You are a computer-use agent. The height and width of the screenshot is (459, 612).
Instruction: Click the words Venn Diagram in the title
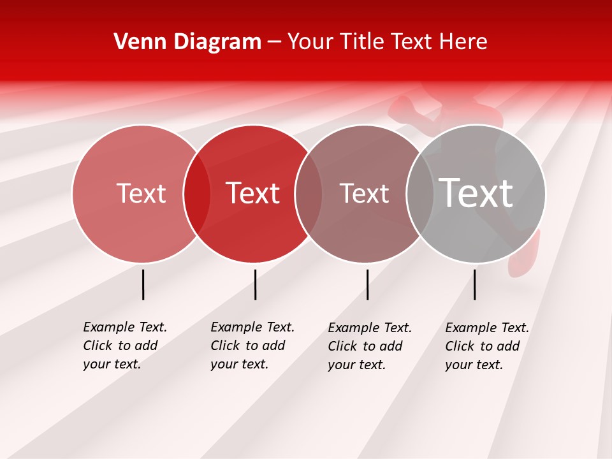(187, 42)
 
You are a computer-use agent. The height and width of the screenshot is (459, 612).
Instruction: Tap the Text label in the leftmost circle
(141, 193)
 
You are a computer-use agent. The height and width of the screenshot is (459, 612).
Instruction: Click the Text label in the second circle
(252, 193)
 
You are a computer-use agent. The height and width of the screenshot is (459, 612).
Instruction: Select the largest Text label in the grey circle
(476, 193)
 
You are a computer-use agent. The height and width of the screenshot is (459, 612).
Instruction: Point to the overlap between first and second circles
(197, 194)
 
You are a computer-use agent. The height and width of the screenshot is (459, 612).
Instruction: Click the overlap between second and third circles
(309, 194)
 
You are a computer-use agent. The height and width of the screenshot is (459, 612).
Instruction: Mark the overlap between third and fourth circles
(420, 194)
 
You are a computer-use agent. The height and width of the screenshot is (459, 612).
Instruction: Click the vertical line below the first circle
(143, 284)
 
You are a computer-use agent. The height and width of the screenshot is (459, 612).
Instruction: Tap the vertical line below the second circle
(255, 284)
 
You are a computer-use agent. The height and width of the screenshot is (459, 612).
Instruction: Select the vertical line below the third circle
(367, 284)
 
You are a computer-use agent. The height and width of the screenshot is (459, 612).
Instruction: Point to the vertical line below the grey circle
(474, 284)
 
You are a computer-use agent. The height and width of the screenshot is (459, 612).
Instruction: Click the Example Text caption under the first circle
(125, 327)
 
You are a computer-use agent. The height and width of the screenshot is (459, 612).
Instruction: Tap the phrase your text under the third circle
(356, 365)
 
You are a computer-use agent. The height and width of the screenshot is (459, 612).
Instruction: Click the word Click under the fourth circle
(460, 346)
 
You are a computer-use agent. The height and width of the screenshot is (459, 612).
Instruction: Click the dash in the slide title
(274, 43)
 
